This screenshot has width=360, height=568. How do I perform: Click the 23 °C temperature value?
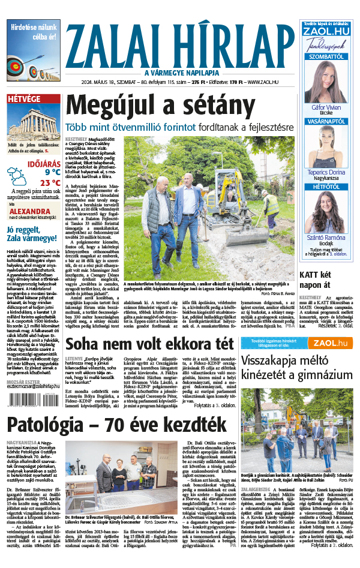tap(49, 183)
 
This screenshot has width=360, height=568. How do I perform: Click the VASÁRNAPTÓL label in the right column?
tap(326, 121)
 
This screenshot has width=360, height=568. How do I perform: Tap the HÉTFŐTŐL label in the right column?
tap(326, 187)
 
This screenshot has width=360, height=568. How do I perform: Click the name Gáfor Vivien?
tap(326, 107)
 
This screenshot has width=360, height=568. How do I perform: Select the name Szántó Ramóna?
tap(326, 238)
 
